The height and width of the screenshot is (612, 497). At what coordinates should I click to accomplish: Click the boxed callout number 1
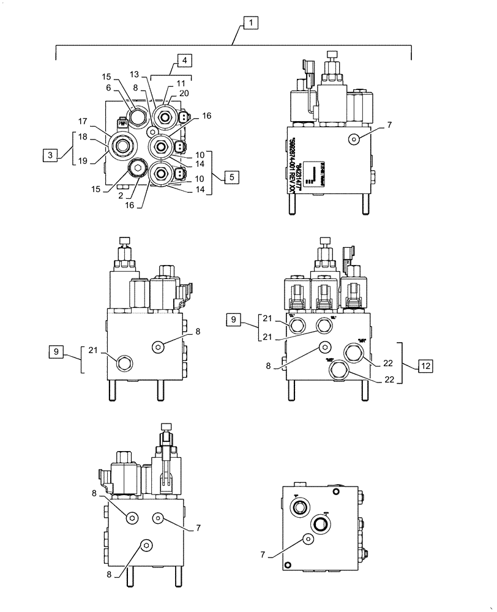(250, 23)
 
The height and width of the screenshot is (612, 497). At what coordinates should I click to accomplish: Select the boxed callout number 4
(184, 60)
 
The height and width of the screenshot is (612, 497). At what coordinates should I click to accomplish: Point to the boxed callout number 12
(425, 366)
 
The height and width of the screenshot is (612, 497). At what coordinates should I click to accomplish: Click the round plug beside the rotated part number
(354, 140)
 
